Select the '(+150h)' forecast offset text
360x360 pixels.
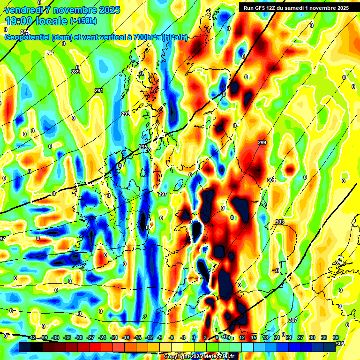pyautogui.click(x=83, y=21)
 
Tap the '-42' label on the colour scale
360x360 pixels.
pyautogui.click(x=32, y=337)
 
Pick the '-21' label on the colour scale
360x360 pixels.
pyautogui.click(x=114, y=337)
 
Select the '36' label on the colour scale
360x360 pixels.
pyautogui.click(x=336, y=337)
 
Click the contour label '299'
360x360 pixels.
pyautogui.click(x=262, y=142)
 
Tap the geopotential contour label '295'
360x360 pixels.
pyautogui.click(x=143, y=147)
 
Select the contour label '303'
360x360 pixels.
pyautogui.click(x=280, y=222)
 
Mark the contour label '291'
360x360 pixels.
pyautogui.click(x=99, y=90)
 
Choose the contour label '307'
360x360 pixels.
pyautogui.click(x=293, y=320)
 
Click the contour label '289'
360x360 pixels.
pyautogui.click(x=75, y=72)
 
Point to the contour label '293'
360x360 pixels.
pyautogui.click(x=126, y=114)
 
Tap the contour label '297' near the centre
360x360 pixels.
pyautogui.click(x=163, y=194)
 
